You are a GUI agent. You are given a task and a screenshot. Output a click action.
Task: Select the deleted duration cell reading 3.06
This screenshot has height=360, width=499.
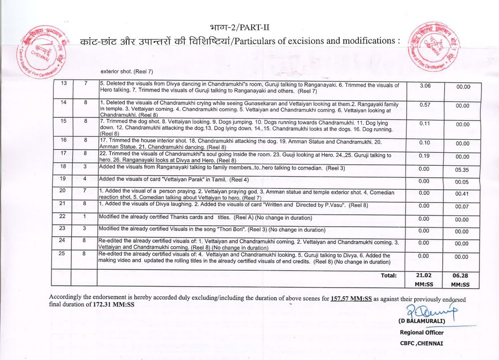425,86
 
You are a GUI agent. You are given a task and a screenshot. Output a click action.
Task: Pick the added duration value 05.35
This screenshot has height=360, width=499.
462,169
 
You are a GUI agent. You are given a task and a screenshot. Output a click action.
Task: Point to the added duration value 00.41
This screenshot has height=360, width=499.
462,193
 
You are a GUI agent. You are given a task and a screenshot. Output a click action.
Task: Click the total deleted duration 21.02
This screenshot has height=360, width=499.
424,275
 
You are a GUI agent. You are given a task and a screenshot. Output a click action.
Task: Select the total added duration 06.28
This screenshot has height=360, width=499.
462,275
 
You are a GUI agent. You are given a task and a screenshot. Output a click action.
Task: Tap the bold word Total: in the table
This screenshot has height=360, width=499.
389,275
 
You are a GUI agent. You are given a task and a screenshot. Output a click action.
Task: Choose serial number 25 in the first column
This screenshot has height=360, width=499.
63,254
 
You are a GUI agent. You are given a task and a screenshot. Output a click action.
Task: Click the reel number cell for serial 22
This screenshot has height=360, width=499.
85,216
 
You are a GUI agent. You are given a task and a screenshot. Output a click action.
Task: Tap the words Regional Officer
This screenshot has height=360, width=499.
421,333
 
